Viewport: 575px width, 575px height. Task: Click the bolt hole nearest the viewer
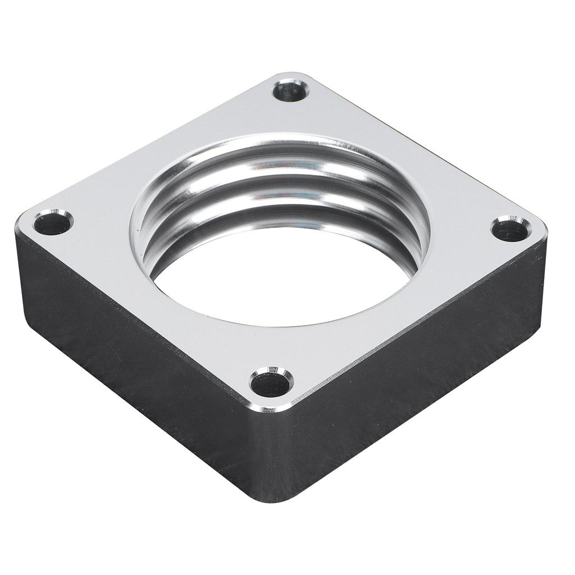coord(271,384)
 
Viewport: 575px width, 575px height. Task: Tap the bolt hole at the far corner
coord(290,92)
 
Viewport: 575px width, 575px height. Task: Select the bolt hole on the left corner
coord(52,223)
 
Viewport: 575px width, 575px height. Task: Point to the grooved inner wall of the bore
coord(281,185)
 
